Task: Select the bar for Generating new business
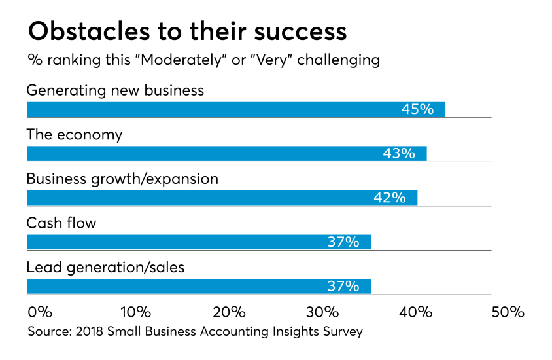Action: (x=235, y=109)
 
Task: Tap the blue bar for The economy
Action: (x=226, y=154)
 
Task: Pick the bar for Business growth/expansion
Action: (x=222, y=198)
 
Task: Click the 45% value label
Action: (x=417, y=109)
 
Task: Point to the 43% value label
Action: (x=399, y=154)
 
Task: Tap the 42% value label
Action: (x=390, y=198)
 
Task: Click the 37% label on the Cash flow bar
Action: (x=343, y=242)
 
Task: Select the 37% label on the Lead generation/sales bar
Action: (x=343, y=286)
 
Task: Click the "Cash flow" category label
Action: (x=61, y=223)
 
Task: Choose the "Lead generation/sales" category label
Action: (x=105, y=267)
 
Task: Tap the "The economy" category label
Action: (x=74, y=135)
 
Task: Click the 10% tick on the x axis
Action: (x=136, y=312)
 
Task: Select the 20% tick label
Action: (x=230, y=312)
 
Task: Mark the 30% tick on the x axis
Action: (x=322, y=312)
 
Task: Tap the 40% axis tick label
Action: (x=415, y=312)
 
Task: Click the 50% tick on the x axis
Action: (x=508, y=312)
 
